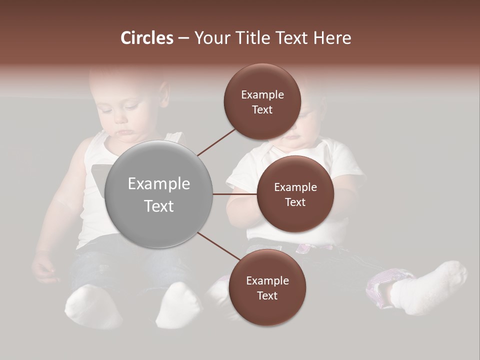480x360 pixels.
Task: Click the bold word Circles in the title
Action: tap(147, 38)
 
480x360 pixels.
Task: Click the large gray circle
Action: tap(159, 194)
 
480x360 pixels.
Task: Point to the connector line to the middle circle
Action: tap(234, 194)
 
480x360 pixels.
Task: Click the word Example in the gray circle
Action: tap(159, 184)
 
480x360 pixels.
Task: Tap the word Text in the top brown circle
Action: tap(262, 109)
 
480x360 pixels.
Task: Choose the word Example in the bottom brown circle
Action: tap(267, 281)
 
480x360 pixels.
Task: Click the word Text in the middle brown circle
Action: tap(295, 202)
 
